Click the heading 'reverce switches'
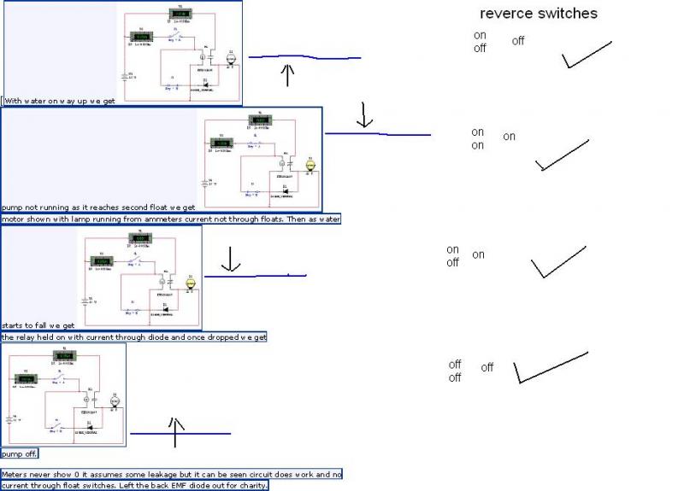(538, 14)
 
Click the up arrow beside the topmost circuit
(287, 74)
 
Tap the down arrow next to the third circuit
(230, 259)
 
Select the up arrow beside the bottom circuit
(175, 433)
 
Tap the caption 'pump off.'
(20, 453)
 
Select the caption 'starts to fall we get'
(38, 325)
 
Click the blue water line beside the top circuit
(304, 58)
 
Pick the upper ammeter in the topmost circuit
(180, 14)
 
